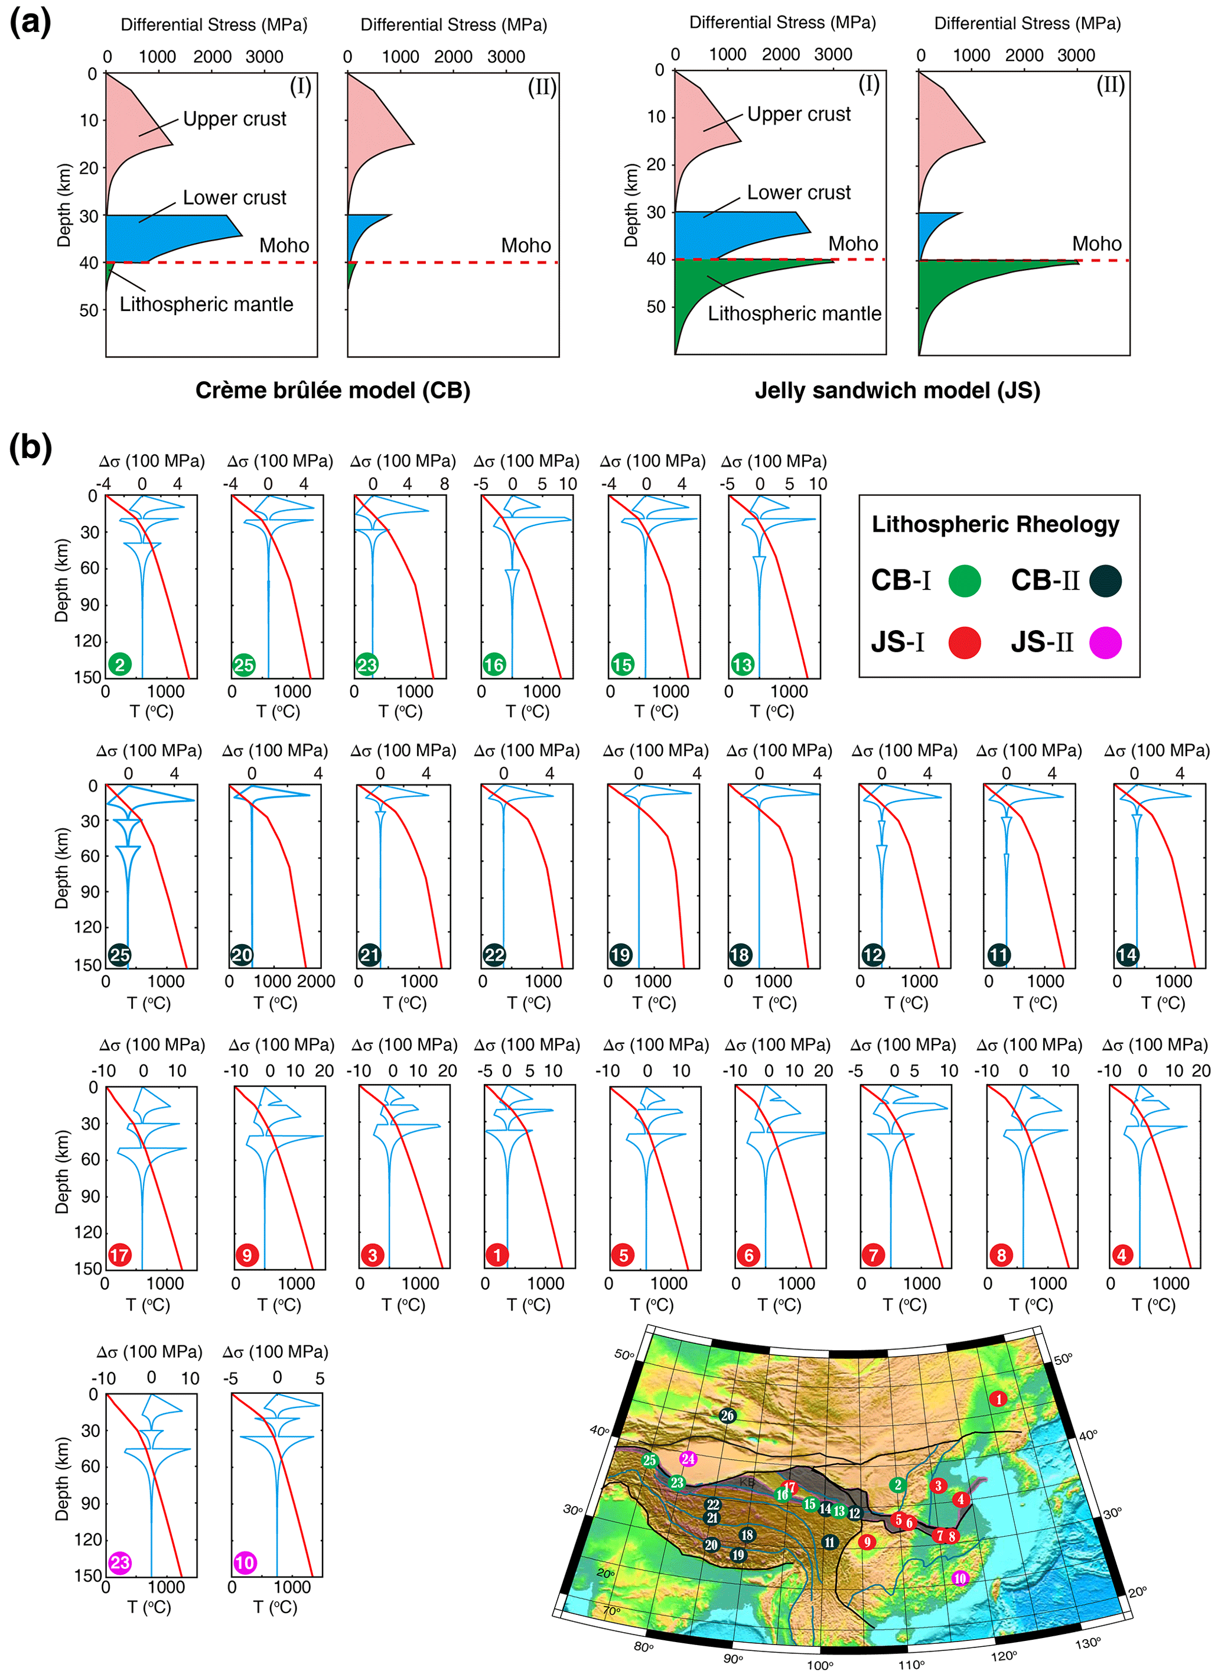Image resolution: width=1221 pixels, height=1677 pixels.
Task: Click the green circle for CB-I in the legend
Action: pyautogui.click(x=964, y=580)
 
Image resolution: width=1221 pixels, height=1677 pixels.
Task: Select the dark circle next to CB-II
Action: pyautogui.click(x=1105, y=580)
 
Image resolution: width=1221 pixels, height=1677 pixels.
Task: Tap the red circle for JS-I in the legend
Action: pyautogui.click(x=964, y=642)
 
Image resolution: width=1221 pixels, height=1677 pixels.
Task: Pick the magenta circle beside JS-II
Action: pyautogui.click(x=1105, y=642)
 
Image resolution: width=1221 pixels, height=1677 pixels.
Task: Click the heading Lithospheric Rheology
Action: pyautogui.click(x=995, y=524)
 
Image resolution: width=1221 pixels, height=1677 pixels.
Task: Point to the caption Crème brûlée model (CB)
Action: pyautogui.click(x=333, y=390)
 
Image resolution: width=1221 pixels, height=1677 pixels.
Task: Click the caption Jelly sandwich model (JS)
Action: pyautogui.click(x=897, y=390)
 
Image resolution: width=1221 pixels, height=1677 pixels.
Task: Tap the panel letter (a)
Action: pyautogui.click(x=30, y=22)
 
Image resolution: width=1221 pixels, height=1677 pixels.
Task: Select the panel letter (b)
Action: pyautogui.click(x=30, y=448)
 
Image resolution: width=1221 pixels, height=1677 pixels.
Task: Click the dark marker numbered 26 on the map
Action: pyautogui.click(x=727, y=1415)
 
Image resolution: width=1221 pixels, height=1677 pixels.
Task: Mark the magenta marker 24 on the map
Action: pyautogui.click(x=688, y=1458)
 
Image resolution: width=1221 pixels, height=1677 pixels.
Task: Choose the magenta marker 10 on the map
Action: pyautogui.click(x=959, y=1578)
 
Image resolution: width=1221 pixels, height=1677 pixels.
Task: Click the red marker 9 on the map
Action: pyautogui.click(x=867, y=1542)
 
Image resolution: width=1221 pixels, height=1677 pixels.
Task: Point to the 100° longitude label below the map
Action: pyautogui.click(x=820, y=1665)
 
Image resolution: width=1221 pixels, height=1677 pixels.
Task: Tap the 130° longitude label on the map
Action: pyautogui.click(x=1088, y=1642)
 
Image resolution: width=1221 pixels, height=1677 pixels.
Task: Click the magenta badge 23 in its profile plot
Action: pyautogui.click(x=120, y=1562)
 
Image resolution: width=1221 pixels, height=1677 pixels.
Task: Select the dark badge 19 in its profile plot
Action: pyautogui.click(x=620, y=955)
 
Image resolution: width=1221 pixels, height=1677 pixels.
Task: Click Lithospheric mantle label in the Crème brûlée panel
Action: pyautogui.click(x=206, y=304)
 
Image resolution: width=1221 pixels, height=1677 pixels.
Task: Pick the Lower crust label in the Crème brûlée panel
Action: pyautogui.click(x=235, y=197)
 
